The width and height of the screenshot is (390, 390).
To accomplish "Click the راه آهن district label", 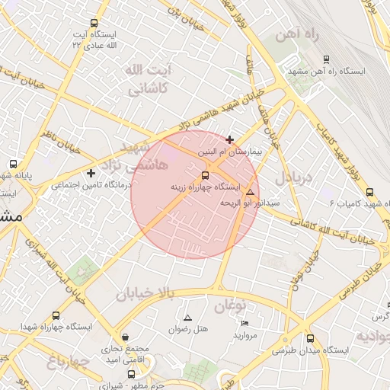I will (302, 34).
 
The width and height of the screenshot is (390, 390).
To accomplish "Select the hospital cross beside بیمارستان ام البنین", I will (230, 139).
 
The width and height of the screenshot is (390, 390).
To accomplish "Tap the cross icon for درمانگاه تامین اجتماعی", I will (91, 173).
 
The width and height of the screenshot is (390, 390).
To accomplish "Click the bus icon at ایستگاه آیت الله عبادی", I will (94, 23).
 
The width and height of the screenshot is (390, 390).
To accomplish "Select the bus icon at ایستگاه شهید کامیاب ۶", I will (369, 193).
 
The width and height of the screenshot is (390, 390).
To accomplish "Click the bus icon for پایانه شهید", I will (13, 164).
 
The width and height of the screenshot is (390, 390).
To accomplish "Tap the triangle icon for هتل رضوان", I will (187, 317).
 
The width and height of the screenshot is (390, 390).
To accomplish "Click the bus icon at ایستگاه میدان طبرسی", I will (309, 339).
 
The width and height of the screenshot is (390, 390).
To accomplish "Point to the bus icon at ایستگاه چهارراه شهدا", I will (56, 315).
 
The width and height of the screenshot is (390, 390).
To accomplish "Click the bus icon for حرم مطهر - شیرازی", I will (132, 374).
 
